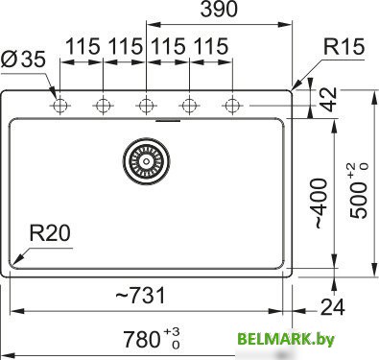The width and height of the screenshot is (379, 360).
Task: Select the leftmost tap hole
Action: pyautogui.click(x=59, y=104)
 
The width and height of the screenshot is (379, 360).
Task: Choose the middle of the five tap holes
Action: pyautogui.click(x=145, y=104)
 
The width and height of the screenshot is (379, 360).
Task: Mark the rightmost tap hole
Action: pyautogui.click(x=230, y=104)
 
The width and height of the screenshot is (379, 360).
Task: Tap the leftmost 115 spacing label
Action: pyautogui.click(x=83, y=46)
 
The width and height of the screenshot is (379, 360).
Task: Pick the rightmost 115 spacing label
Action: pyautogui.click(x=210, y=46)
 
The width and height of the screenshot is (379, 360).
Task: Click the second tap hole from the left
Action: pyautogui.click(x=102, y=104)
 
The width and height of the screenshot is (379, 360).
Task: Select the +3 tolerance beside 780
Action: pyautogui.click(x=172, y=330)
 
